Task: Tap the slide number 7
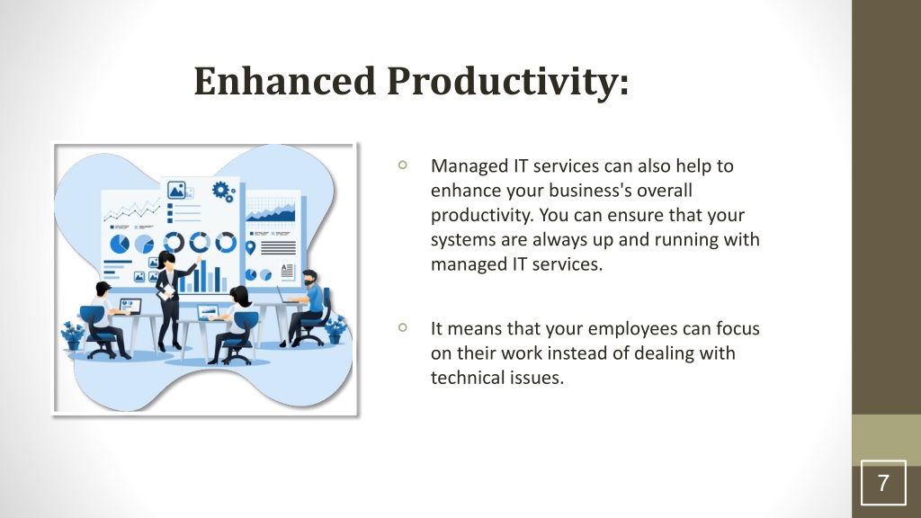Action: point(883,483)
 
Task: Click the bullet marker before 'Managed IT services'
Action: point(402,165)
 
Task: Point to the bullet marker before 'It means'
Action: point(402,327)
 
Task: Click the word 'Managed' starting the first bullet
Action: point(469,166)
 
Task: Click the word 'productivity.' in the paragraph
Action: point(482,216)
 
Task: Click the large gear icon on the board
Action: point(221,190)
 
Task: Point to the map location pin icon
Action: point(251,248)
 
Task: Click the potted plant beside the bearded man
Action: point(335,330)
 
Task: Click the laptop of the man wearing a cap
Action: point(130,307)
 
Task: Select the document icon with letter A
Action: point(287,271)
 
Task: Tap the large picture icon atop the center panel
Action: point(176,191)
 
